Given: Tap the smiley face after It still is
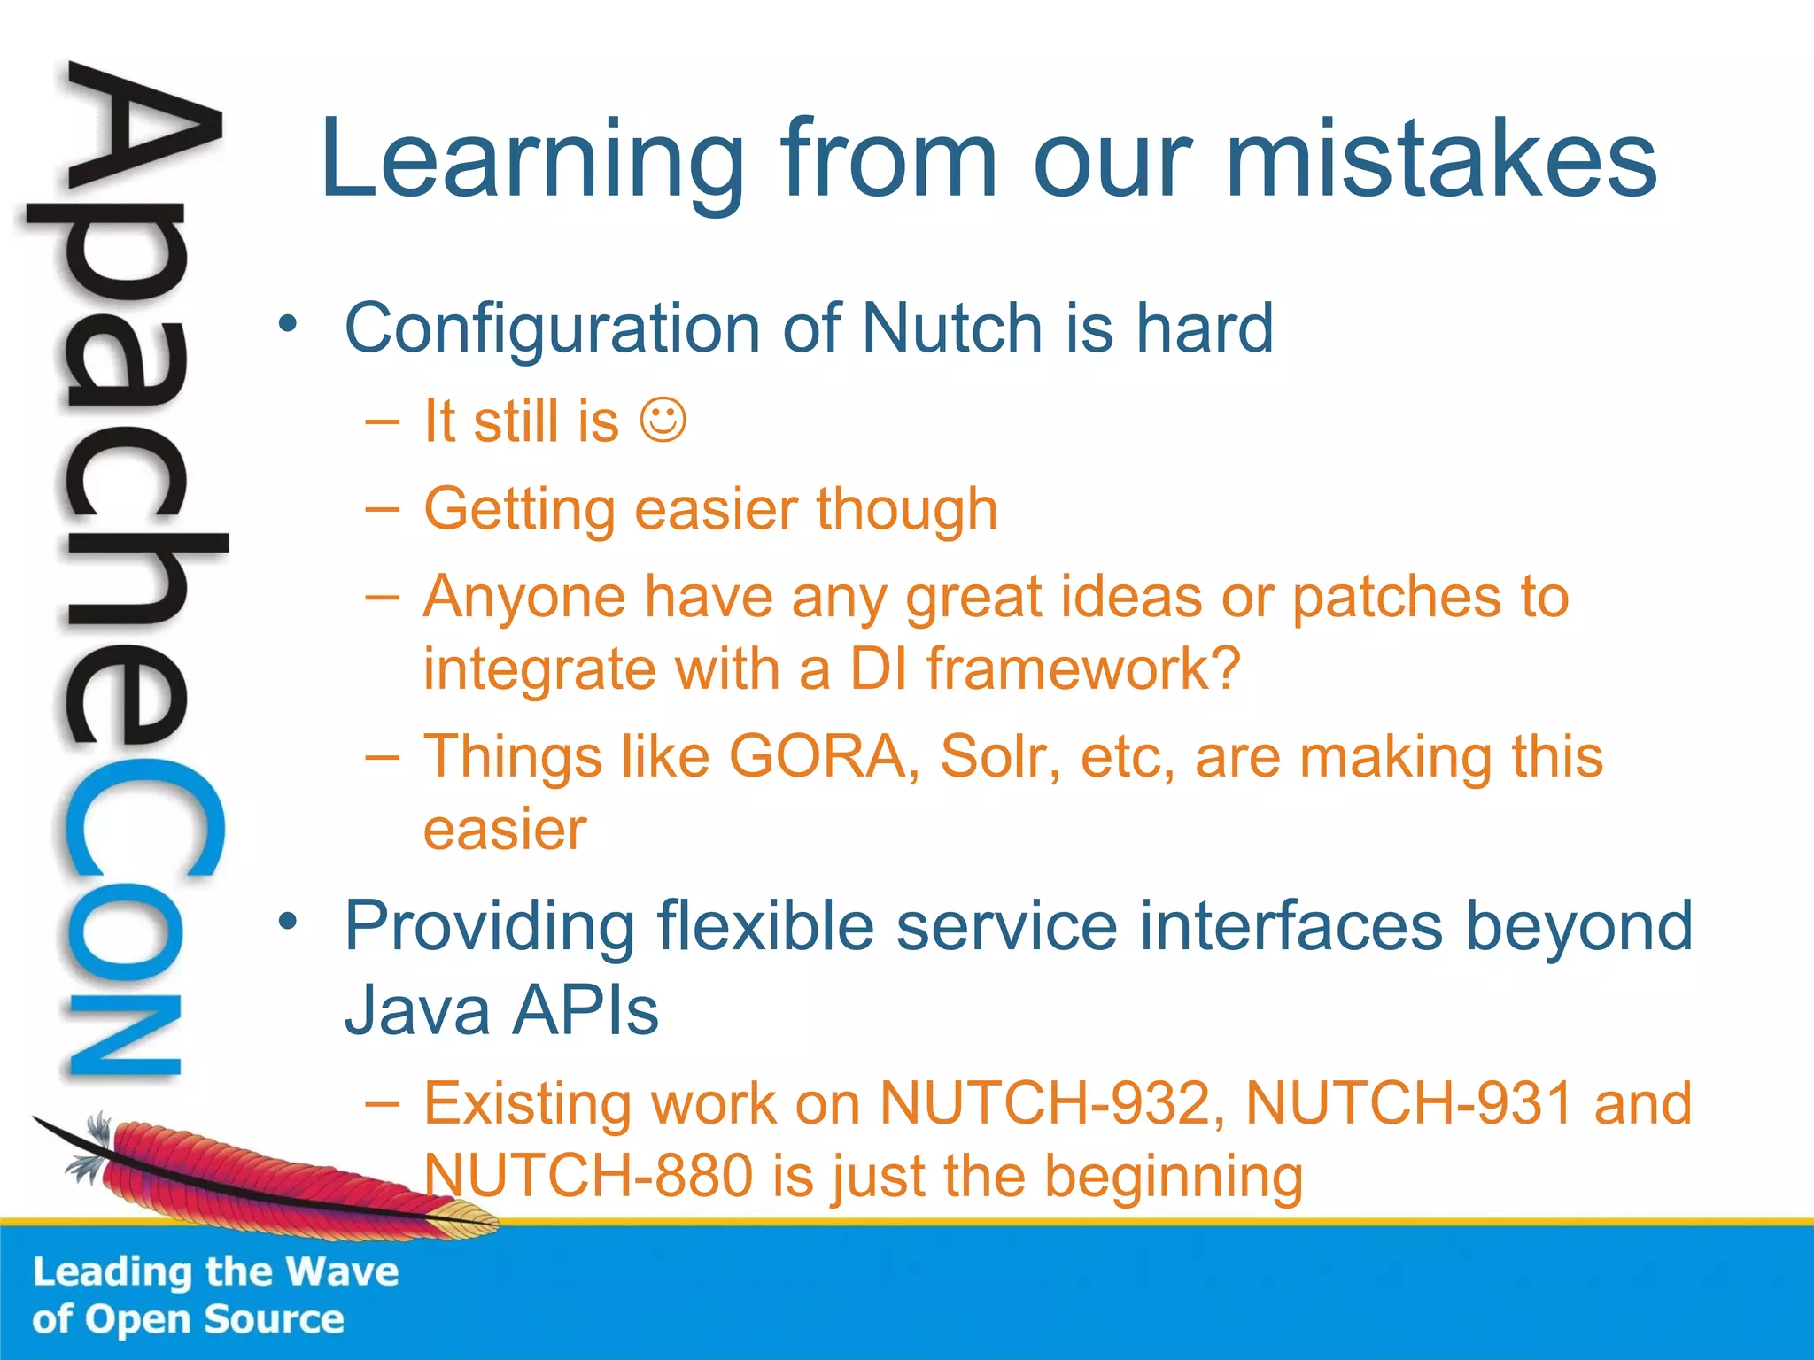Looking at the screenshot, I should [663, 421].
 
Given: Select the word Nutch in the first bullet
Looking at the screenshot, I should [953, 328].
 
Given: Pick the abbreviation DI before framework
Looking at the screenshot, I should [879, 668].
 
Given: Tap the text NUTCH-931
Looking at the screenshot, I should [1409, 1104].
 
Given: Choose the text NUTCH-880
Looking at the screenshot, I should [588, 1177].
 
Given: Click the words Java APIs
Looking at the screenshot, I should [501, 1011].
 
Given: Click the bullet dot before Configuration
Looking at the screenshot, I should [287, 325].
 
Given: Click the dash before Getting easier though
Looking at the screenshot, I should [382, 510].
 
